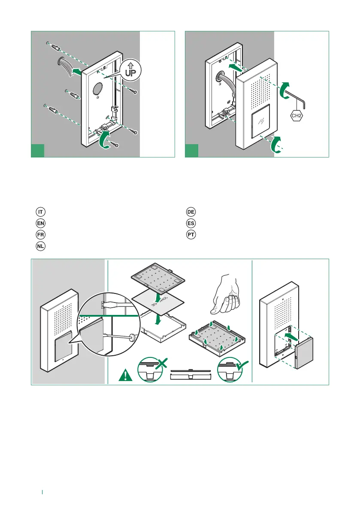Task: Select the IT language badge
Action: point(40,212)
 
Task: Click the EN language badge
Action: point(40,224)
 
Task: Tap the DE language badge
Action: point(191,212)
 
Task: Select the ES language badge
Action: point(191,224)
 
